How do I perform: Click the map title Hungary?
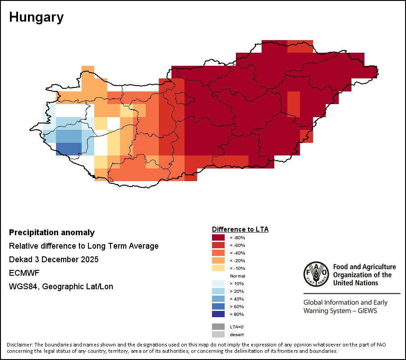pos(36,18)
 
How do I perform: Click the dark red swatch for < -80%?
pos(218,237)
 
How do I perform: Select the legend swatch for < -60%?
pos(218,245)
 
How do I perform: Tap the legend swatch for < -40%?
pos(218,253)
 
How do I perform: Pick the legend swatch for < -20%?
pos(218,260)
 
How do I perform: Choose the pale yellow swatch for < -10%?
pos(218,268)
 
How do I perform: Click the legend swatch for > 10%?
pos(218,283)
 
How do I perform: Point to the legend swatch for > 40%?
pos(218,299)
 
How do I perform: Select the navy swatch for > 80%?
pos(218,314)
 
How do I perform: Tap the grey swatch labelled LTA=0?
pos(218,327)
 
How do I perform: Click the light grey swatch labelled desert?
pos(218,334)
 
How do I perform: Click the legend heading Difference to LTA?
pos(240,229)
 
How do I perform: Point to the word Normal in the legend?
pos(237,276)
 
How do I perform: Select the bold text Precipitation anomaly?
pos(52,232)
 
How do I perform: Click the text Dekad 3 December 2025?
pos(54,260)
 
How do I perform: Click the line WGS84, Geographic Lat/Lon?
pos(61,287)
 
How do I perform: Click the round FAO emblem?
pos(317,274)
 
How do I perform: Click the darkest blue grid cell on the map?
pos(69,149)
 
